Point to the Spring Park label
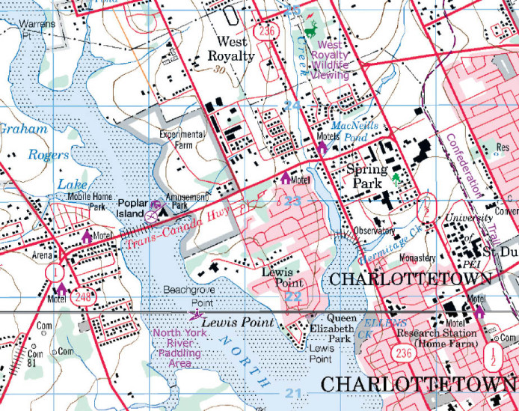tap(367, 176)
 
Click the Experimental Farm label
tap(181, 140)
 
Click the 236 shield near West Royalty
tap(268, 31)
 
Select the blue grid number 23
tap(292, 201)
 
